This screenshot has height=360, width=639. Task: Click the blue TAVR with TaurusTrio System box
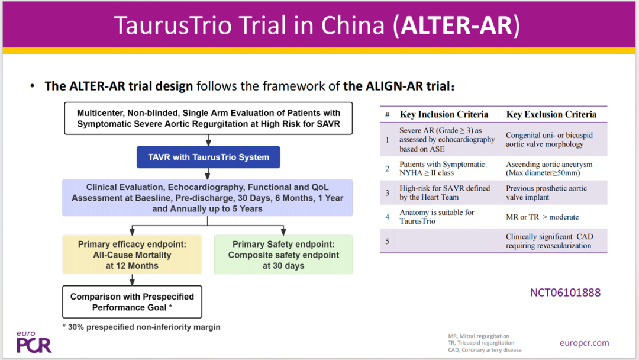[208, 157]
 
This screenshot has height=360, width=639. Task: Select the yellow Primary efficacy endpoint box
[132, 255]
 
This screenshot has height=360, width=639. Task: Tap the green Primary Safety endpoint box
[283, 255]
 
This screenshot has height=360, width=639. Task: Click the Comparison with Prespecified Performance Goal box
[132, 302]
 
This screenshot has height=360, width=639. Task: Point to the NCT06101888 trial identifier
[565, 292]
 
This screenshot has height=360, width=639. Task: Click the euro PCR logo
[34, 342]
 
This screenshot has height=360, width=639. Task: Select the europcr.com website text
[585, 343]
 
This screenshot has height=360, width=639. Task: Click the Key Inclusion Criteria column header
[444, 114]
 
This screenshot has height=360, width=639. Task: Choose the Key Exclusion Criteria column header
[551, 114]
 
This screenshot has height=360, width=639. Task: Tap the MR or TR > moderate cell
[543, 217]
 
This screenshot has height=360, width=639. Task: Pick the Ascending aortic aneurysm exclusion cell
[549, 168]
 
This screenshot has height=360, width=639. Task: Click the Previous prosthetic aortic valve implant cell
[547, 192]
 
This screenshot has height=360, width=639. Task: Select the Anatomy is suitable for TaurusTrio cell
[437, 217]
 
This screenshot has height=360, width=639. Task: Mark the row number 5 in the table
[387, 242]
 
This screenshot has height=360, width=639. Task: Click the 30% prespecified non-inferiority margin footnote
[141, 327]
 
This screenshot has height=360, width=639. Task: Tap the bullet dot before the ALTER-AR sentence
[32, 86]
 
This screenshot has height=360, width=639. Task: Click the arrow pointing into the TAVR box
[208, 140]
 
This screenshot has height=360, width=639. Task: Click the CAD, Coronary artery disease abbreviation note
[485, 350]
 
